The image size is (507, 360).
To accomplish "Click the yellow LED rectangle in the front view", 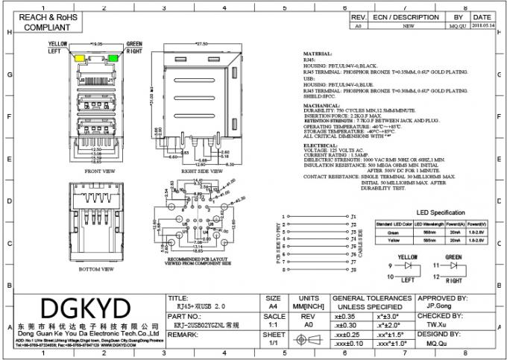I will [78, 58].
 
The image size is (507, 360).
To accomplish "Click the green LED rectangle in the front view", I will [113, 58].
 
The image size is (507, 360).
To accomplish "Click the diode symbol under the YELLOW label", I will [406, 267].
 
